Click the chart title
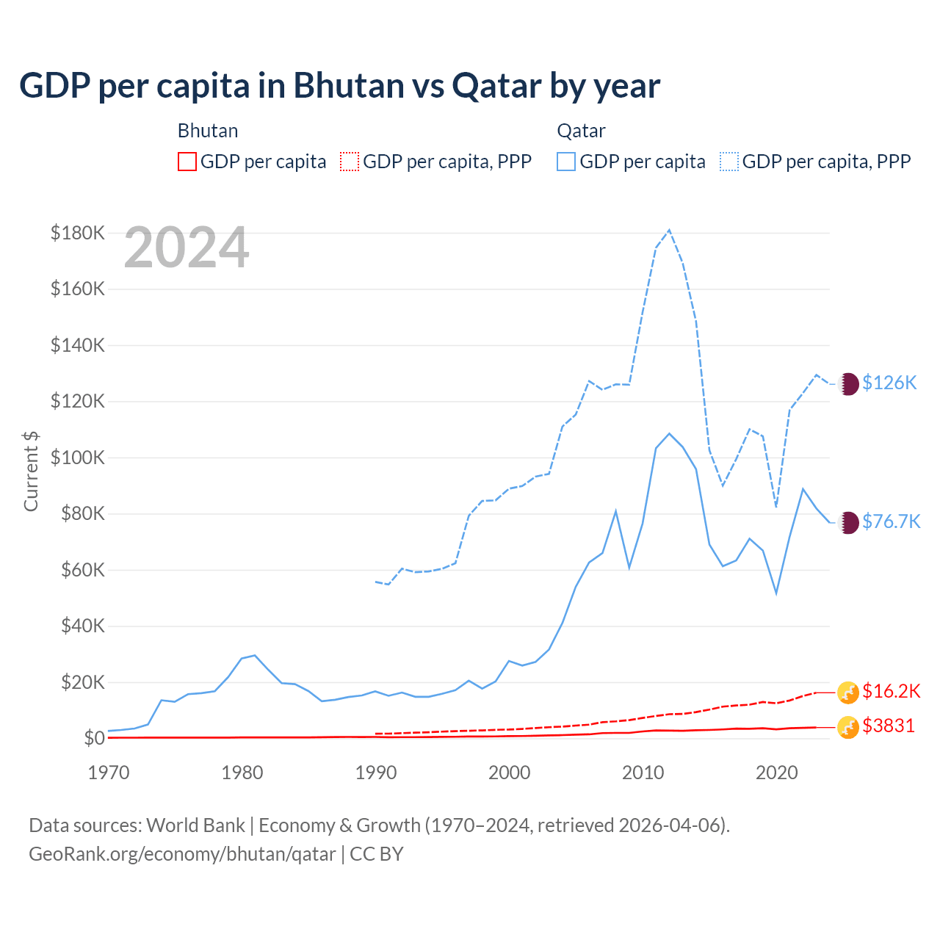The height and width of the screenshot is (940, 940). pos(339,86)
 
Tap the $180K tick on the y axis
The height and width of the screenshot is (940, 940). pos(78,234)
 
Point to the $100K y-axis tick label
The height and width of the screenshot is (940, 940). pos(78,458)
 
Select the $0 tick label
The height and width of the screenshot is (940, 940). pos(94,738)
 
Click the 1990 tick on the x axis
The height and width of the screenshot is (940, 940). pos(376,773)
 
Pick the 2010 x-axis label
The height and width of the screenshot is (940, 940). pos(643,773)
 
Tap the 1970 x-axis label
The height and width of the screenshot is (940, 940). pos(109,773)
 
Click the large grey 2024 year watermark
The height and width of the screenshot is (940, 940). pos(187,248)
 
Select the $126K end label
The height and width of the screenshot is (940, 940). pos(889,383)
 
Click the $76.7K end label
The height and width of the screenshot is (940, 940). pos(891,521)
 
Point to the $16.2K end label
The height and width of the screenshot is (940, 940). pos(891,691)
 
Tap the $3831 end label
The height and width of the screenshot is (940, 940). pos(889,726)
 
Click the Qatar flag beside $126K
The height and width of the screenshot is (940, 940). pos(849,383)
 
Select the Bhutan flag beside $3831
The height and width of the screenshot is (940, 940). pos(848,727)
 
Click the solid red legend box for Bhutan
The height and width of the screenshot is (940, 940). pos(187,162)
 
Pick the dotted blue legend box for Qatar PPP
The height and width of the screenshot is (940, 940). pos(729,162)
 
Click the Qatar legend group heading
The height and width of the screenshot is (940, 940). pos(581,131)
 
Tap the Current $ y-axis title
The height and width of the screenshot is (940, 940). pos(31,471)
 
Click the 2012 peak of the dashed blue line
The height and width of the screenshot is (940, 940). pos(669,230)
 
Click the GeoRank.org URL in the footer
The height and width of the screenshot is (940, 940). pos(182,854)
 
